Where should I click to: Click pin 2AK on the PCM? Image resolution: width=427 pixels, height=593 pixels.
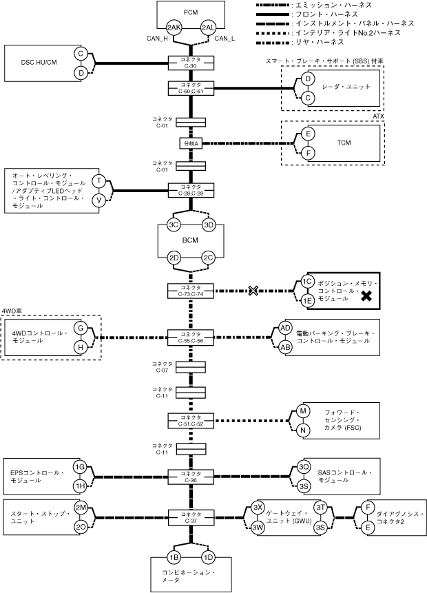click(174, 28)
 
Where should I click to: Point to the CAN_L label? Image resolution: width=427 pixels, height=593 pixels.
click(225, 39)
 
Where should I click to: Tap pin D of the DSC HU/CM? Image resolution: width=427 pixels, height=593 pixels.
click(81, 72)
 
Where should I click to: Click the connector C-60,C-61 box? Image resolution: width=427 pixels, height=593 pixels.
click(191, 88)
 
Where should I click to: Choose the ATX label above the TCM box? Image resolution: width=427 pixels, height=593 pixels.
click(378, 116)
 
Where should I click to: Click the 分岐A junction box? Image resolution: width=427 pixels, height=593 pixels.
click(191, 143)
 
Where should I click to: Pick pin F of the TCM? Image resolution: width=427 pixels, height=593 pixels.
click(308, 152)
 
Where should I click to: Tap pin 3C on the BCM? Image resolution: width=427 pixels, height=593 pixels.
click(174, 225)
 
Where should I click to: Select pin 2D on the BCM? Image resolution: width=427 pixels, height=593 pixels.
click(174, 258)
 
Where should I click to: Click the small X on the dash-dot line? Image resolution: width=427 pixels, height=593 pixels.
click(253, 291)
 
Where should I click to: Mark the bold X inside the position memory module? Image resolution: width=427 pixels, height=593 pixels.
click(367, 296)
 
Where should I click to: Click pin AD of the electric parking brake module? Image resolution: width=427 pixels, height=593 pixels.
click(285, 329)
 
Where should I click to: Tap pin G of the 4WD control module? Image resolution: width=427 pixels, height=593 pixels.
click(81, 329)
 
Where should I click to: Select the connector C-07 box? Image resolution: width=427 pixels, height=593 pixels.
click(191, 368)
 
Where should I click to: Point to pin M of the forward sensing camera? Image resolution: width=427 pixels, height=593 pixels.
click(302, 412)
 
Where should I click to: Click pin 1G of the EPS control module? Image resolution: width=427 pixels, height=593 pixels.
click(80, 468)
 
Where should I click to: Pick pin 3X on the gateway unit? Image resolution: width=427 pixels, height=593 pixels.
click(259, 508)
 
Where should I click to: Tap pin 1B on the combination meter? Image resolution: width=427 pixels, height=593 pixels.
click(174, 556)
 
